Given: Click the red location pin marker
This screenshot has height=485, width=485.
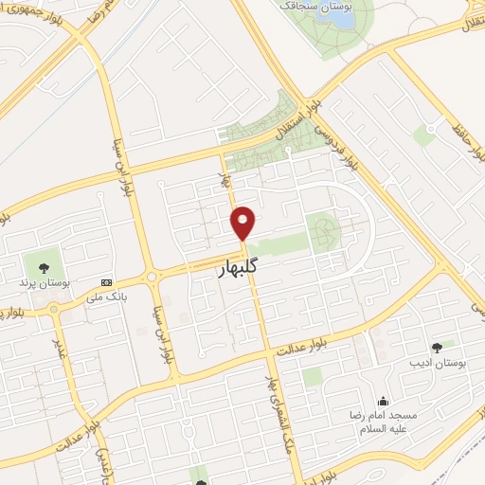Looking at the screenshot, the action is point(244,222).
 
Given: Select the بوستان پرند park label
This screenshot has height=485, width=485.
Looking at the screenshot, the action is point(42,281).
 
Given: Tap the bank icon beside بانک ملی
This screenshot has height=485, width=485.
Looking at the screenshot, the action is point(105,282).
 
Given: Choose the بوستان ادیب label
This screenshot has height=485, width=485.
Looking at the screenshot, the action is point(435,363).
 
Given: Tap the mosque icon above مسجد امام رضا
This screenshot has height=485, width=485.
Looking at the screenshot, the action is point(382,401).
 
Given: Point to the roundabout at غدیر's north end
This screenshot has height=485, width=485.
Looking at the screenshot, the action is point(53,309).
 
